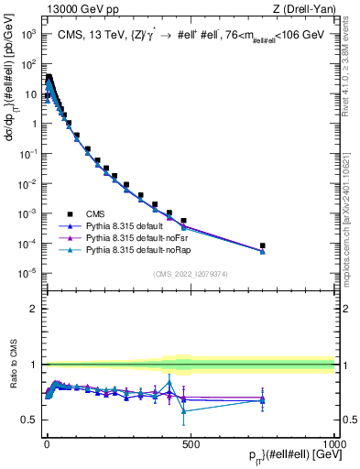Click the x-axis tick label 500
[x=190, y=443]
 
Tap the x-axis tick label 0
[x=46, y=443]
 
